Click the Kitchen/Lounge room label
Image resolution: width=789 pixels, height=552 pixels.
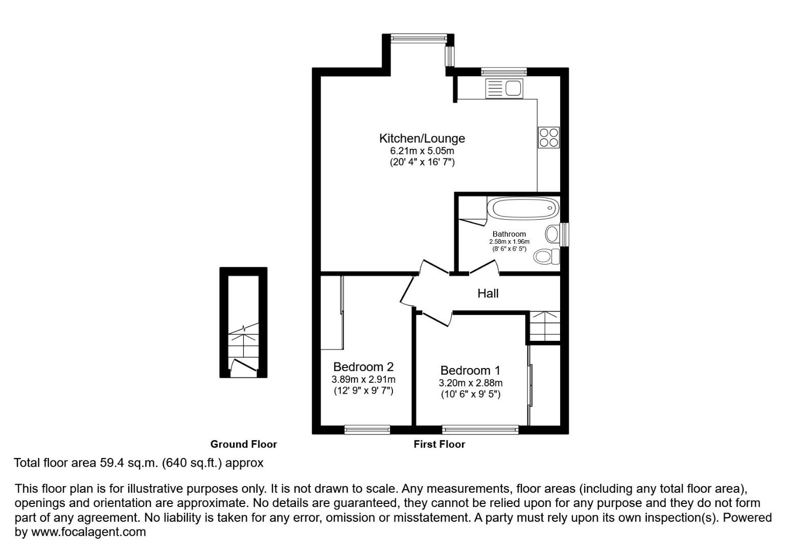tap(422, 139)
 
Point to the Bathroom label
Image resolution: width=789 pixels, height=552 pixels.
tap(509, 234)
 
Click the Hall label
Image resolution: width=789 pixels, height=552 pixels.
tap(488, 293)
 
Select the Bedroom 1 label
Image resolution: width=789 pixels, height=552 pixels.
tap(470, 371)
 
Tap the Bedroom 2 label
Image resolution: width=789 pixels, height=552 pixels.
tap(363, 367)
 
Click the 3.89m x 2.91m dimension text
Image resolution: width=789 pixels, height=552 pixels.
tap(363, 380)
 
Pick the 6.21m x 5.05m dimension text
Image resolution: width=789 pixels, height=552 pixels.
tap(422, 151)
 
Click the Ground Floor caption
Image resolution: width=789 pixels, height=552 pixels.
tap(243, 444)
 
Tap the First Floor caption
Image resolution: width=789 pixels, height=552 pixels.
tap(439, 444)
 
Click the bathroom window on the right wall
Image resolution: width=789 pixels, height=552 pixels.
tap(565, 235)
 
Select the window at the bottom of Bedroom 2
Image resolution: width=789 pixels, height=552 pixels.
tap(367, 429)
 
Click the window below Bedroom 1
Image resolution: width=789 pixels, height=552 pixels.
tap(480, 429)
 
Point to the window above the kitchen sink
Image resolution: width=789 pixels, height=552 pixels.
tap(503, 72)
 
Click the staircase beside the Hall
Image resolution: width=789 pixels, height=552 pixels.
tap(544, 326)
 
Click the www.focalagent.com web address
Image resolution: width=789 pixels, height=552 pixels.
tap(88, 532)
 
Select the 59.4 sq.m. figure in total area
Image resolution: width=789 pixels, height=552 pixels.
tap(128, 463)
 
